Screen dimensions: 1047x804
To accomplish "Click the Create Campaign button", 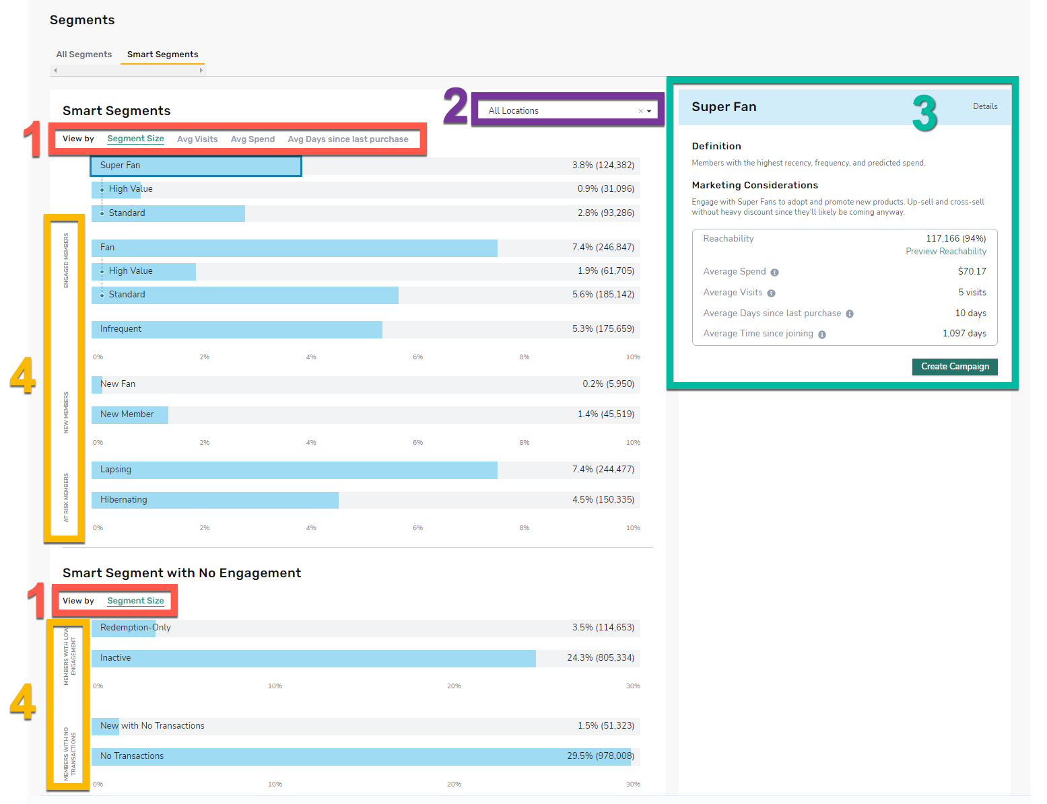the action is (x=955, y=367).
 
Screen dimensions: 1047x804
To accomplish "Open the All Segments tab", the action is (x=84, y=54).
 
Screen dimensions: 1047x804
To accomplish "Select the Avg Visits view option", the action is (x=197, y=139).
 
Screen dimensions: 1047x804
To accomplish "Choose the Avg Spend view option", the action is (x=252, y=139).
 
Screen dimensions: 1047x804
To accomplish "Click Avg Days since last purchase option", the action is (x=348, y=139).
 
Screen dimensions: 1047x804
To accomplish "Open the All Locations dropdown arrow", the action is (x=649, y=111).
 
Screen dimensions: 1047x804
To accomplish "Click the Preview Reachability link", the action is (x=946, y=252).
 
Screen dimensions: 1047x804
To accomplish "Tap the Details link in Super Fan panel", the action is (x=985, y=106).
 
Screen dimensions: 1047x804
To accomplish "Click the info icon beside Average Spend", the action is (x=774, y=272).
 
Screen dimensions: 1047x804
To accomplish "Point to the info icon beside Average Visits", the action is (x=771, y=293).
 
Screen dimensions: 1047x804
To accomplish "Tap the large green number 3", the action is (x=924, y=114).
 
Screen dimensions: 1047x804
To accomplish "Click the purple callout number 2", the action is (x=455, y=105).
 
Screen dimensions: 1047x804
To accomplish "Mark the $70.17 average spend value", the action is (x=972, y=272).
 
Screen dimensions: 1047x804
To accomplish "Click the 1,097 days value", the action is (x=964, y=334).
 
